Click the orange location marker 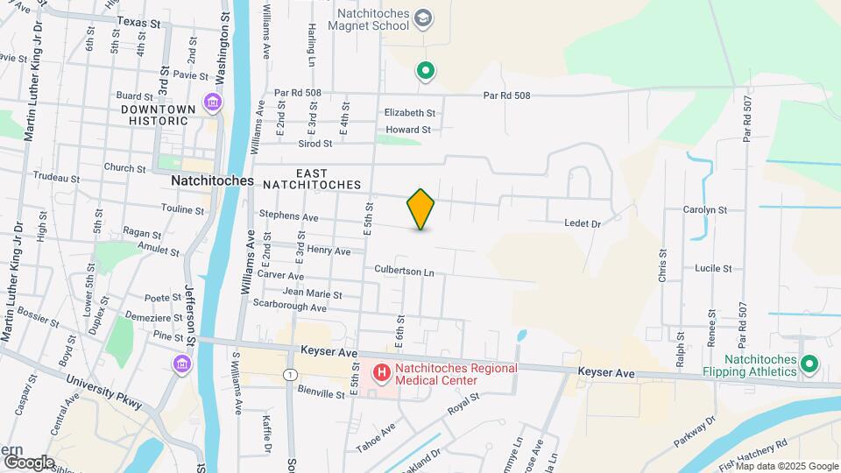(420, 209)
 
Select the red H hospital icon (382, 374)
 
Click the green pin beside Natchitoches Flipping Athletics (810, 363)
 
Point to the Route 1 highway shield (288, 375)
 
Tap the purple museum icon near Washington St (211, 102)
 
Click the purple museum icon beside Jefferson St (181, 364)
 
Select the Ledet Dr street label (583, 224)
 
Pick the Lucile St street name (713, 268)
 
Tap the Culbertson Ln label (405, 272)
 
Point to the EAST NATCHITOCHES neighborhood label (329, 180)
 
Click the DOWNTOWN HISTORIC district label (158, 115)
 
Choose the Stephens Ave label (288, 215)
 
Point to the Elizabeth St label (410, 113)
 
